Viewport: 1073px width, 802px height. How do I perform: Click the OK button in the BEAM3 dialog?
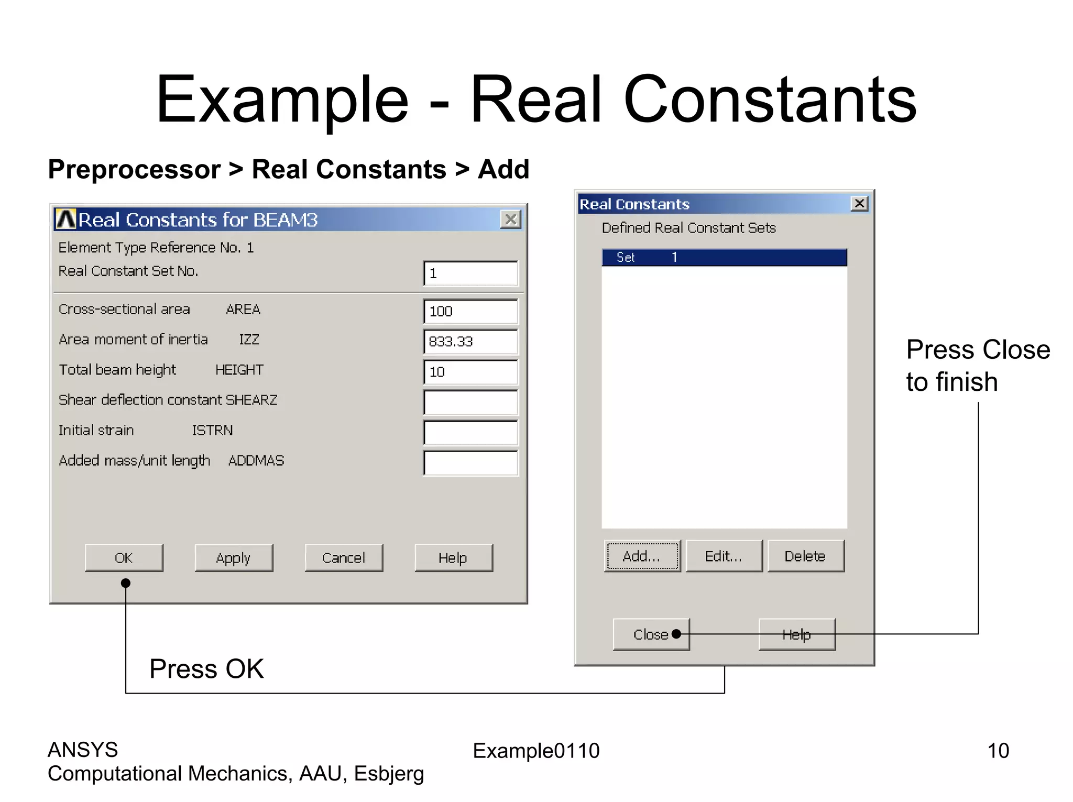124,558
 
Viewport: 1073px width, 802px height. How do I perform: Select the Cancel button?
344,558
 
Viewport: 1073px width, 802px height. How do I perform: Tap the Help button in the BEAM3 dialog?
453,558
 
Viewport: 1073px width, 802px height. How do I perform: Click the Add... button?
642,556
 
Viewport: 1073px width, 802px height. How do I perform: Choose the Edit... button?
724,556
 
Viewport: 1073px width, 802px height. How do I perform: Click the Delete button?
805,556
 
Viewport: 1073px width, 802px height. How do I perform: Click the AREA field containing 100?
470,312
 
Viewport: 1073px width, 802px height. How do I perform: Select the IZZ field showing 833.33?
470,342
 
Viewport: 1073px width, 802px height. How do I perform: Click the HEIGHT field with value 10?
470,372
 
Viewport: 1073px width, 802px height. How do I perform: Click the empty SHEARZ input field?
470,402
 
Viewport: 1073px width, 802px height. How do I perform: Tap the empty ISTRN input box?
470,433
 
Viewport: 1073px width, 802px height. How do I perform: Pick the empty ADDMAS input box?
470,463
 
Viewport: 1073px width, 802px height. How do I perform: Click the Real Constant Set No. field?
470,273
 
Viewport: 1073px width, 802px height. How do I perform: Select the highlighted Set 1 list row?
724,257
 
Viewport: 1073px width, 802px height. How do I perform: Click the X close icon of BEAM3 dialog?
511,219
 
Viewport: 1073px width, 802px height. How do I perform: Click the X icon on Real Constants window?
859,203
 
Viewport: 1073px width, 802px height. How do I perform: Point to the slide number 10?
998,751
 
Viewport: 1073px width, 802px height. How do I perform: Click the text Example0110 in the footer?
536,751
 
